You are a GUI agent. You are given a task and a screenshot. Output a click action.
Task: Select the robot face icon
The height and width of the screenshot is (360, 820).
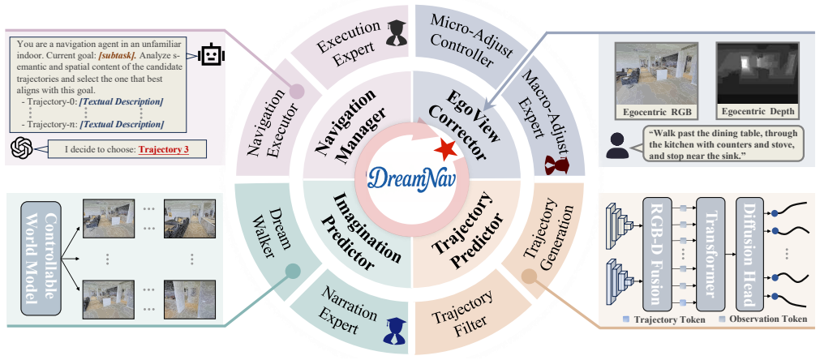(x=212, y=54)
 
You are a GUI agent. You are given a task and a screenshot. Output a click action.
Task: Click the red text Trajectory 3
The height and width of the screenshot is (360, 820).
(x=164, y=150)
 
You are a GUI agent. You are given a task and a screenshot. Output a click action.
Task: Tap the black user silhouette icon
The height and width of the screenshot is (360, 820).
(x=616, y=146)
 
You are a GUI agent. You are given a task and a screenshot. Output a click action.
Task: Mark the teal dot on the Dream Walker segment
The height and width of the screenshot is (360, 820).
(x=292, y=271)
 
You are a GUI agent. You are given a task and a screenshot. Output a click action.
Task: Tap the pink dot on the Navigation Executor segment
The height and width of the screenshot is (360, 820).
(x=298, y=91)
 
